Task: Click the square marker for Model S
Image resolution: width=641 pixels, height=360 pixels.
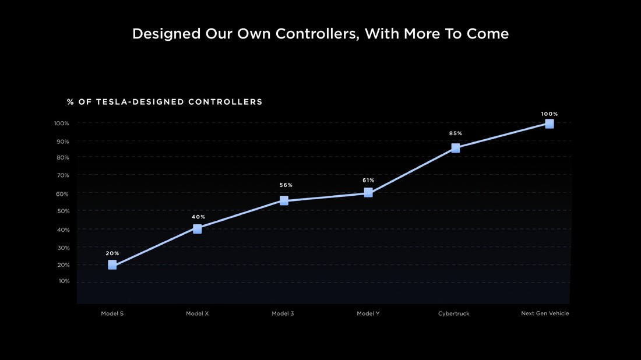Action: (112, 265)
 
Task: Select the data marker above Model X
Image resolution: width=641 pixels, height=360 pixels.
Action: (198, 229)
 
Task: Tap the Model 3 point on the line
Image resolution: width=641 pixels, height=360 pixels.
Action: (284, 200)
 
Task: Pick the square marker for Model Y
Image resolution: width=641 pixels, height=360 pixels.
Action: (368, 192)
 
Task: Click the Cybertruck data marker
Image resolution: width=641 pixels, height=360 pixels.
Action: (456, 148)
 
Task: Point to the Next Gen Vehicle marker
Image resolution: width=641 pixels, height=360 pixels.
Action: (550, 123)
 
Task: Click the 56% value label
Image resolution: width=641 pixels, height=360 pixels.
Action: (286, 185)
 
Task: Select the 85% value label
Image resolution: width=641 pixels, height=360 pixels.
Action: (456, 133)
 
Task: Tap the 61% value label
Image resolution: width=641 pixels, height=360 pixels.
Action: (368, 181)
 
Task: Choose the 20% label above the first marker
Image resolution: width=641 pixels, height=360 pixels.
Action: (112, 253)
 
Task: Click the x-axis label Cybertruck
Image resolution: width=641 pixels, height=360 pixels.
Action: (453, 313)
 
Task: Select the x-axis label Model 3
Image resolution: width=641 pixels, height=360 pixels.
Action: (283, 313)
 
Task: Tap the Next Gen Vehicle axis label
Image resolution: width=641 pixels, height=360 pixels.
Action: (545, 313)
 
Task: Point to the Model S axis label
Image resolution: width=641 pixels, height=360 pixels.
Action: (112, 313)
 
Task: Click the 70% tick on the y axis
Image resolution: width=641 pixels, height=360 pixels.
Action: (62, 175)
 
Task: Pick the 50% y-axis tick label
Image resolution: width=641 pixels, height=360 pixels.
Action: (62, 211)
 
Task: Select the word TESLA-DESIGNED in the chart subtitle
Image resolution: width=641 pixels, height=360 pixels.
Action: (140, 102)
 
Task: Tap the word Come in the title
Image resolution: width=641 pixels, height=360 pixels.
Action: (488, 34)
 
